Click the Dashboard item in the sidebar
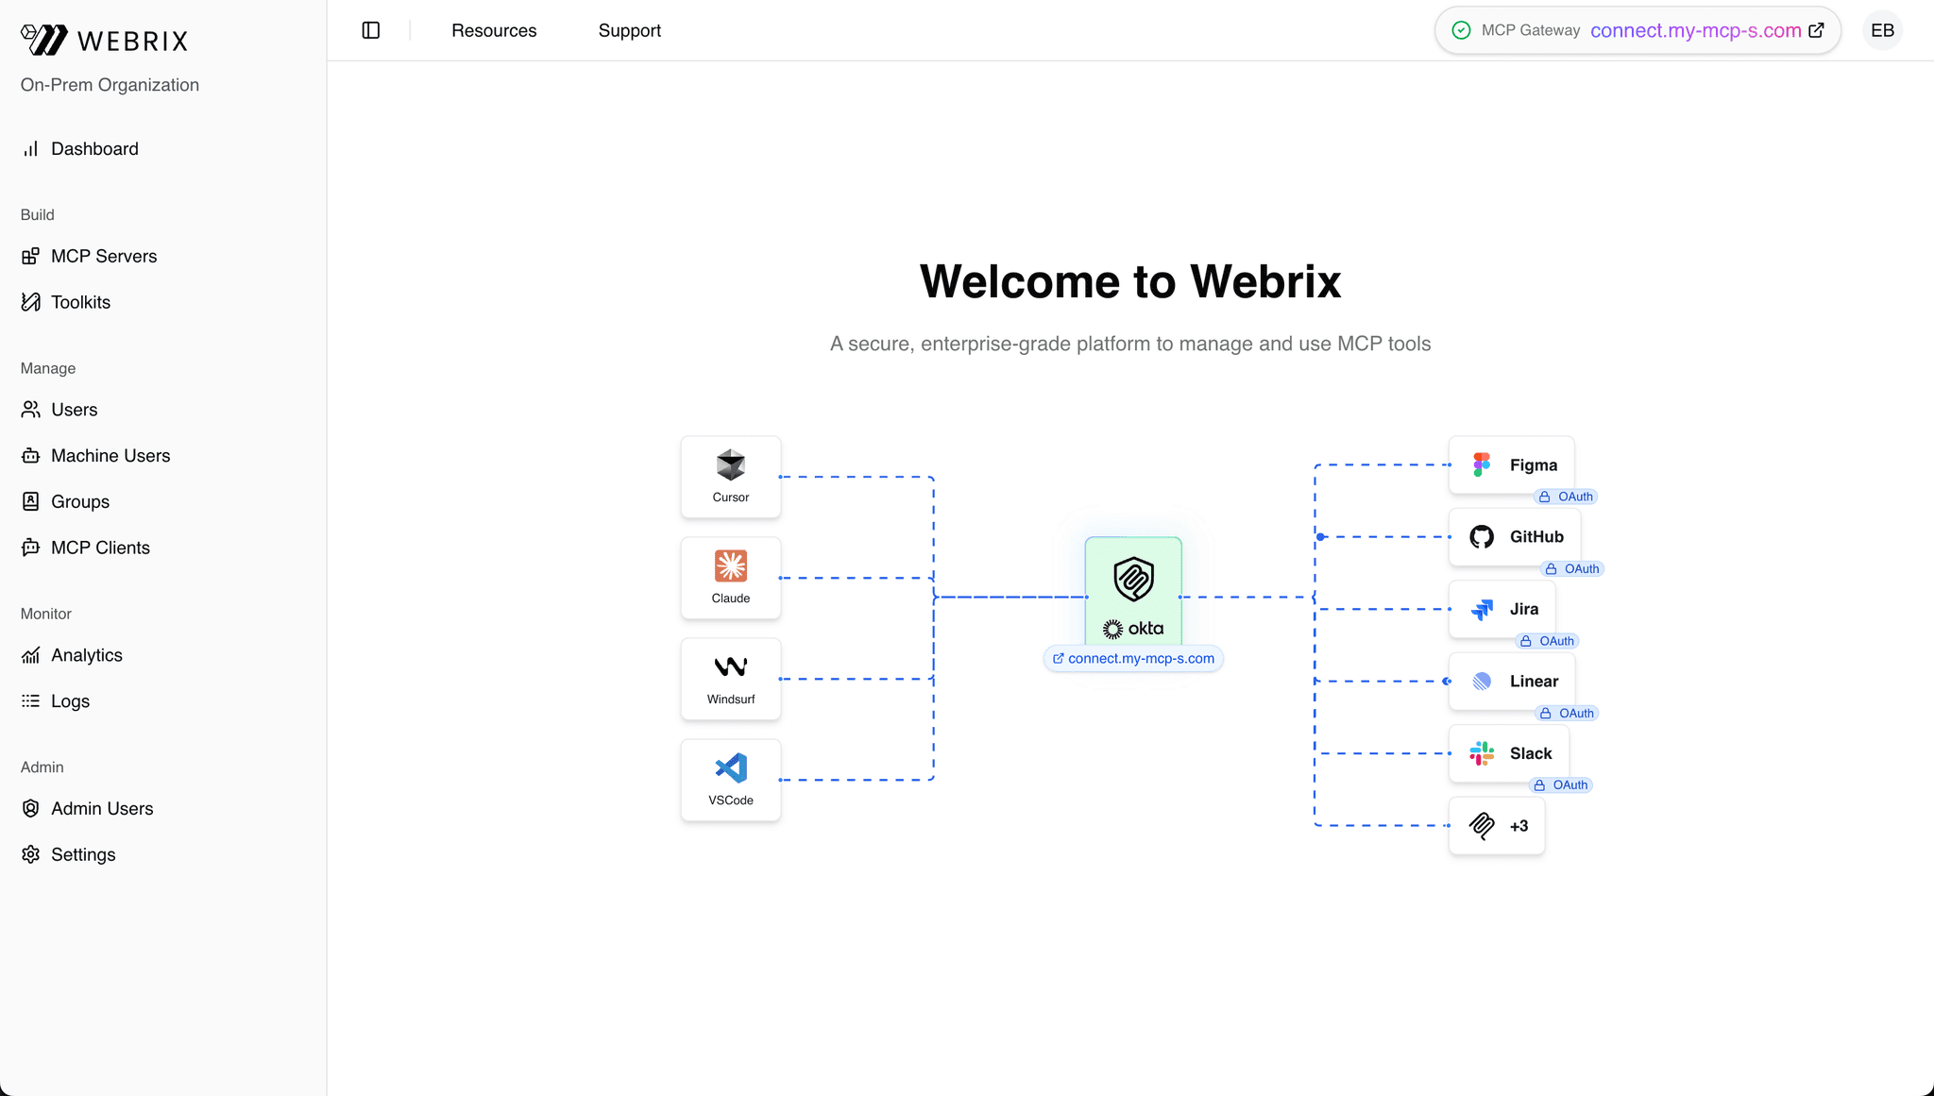point(93,149)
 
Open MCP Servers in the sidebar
point(103,257)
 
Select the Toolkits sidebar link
point(80,302)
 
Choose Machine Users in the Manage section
point(110,456)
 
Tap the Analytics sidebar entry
point(86,655)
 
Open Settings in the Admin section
point(83,854)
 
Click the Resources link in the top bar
point(494,30)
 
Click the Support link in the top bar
point(629,30)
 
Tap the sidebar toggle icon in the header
point(371,30)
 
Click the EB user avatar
point(1882,30)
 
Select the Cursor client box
point(731,477)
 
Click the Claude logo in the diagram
point(731,566)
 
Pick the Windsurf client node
point(731,679)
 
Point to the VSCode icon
point(731,768)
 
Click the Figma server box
point(1511,464)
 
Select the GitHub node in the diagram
point(1515,537)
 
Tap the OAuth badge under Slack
point(1562,785)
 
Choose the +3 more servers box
point(1497,826)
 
